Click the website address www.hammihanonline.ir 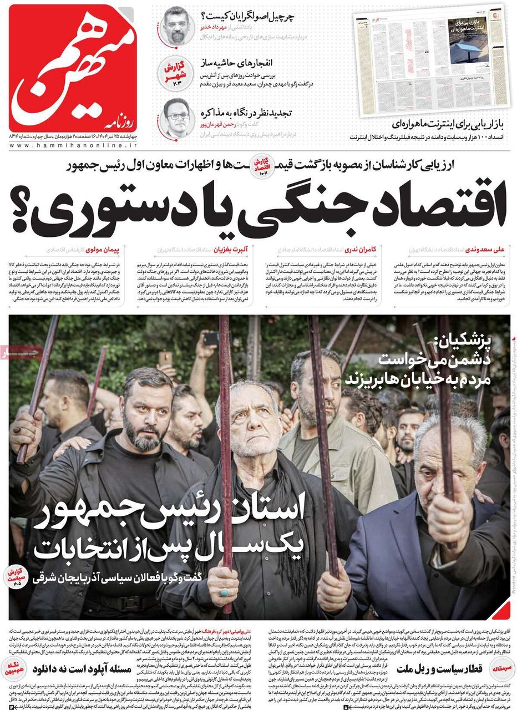tap(73, 145)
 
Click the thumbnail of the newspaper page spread tap(432, 61)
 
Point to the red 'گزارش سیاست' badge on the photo tap(18, 577)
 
